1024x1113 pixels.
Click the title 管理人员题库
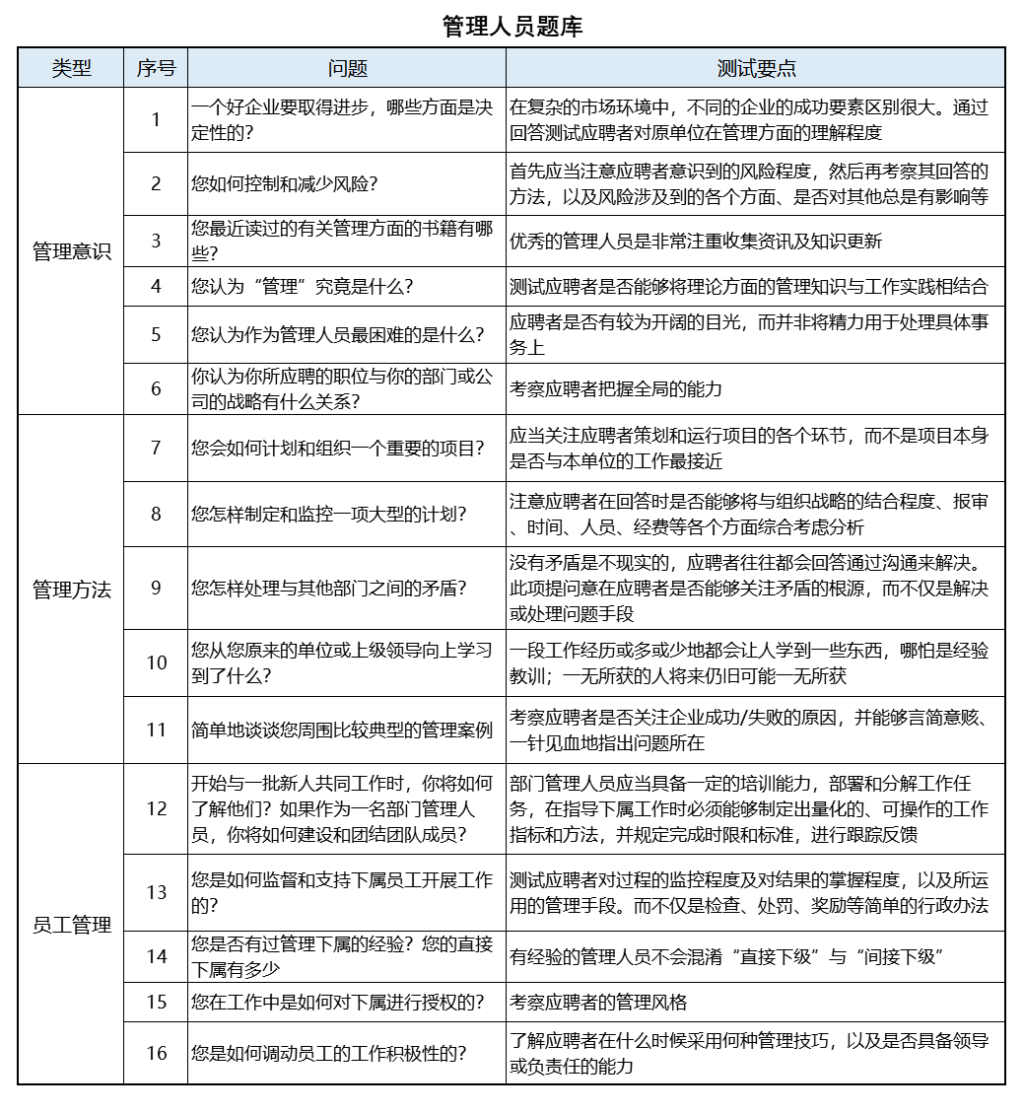tap(512, 27)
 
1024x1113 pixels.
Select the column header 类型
tap(71, 68)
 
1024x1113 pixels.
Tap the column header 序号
tap(156, 68)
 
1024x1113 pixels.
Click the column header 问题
tap(347, 68)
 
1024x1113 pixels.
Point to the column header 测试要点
tap(756, 68)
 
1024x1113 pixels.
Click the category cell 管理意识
tap(71, 251)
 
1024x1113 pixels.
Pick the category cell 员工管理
tap(71, 925)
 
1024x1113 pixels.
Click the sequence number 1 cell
tap(156, 120)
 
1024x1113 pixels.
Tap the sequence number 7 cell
tap(156, 448)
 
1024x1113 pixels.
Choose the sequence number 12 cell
tap(156, 808)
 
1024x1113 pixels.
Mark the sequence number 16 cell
tap(156, 1053)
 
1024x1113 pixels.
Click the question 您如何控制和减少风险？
tap(285, 183)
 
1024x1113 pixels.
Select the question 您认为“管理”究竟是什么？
tap(303, 287)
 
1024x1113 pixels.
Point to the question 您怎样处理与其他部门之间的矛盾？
tap(329, 589)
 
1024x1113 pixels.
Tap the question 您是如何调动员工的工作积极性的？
tap(329, 1053)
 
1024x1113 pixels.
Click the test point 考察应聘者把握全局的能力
tap(616, 388)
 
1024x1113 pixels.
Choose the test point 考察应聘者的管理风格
tap(598, 1002)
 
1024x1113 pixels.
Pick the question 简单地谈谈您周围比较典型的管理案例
tap(342, 730)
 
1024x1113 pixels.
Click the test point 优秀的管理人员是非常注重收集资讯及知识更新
tap(696, 241)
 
